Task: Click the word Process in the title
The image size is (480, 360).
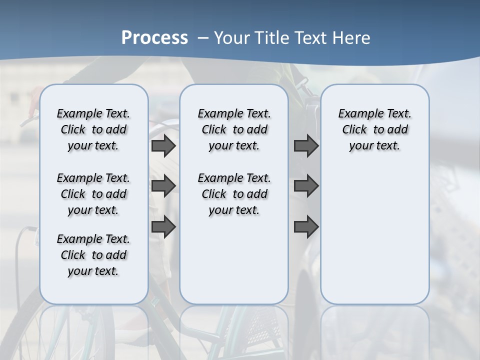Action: [154, 37]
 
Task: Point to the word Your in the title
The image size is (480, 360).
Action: [232, 38]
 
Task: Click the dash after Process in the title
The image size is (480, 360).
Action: [202, 38]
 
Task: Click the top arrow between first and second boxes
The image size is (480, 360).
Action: [163, 146]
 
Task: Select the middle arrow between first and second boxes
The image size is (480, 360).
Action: [163, 186]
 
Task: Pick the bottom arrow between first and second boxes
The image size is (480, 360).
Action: [163, 227]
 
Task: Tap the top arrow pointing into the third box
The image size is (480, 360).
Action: [306, 146]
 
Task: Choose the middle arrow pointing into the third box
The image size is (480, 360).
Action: [306, 186]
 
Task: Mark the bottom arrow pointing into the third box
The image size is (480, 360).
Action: [306, 227]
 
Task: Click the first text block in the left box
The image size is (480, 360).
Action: [93, 129]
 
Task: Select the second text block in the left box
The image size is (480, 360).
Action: [93, 194]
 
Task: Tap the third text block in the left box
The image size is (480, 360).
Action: [93, 255]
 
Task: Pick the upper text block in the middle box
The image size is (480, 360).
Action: [234, 129]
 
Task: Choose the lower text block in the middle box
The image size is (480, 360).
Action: [234, 194]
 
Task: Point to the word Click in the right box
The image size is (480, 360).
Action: [354, 130]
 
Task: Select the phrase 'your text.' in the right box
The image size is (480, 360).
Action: [374, 146]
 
